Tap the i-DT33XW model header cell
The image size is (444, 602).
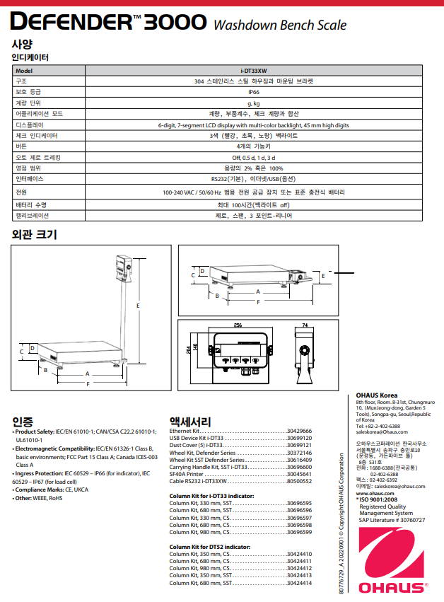point(254,71)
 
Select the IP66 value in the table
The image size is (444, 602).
point(254,91)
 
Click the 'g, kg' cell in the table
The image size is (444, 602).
point(254,102)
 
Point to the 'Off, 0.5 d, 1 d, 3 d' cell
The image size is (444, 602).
point(254,157)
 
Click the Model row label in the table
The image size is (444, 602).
point(25,71)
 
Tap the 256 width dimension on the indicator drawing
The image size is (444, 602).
point(238,325)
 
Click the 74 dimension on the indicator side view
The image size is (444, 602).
point(305,325)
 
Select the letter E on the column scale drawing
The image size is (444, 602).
point(138,305)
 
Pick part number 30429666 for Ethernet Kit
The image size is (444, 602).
point(299,431)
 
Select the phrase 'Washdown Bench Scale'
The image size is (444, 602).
point(280,25)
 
